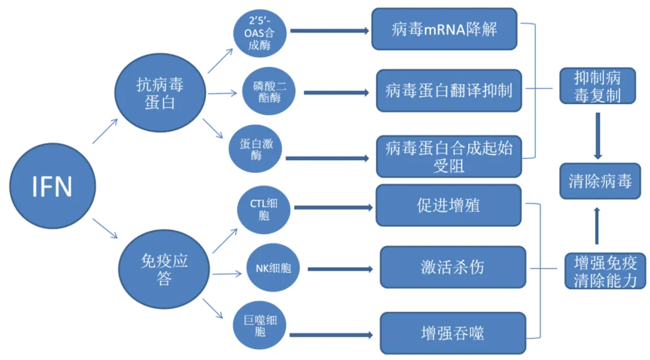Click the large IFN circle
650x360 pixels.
[52, 187]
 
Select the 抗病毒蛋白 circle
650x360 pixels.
[159, 93]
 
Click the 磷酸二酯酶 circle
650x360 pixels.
[265, 93]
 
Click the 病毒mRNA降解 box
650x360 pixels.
[444, 29]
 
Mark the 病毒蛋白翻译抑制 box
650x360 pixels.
[448, 91]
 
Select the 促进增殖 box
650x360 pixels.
[448, 206]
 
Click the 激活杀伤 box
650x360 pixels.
[451, 267]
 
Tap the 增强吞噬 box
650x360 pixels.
[451, 332]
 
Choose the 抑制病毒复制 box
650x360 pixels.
[596, 85]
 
